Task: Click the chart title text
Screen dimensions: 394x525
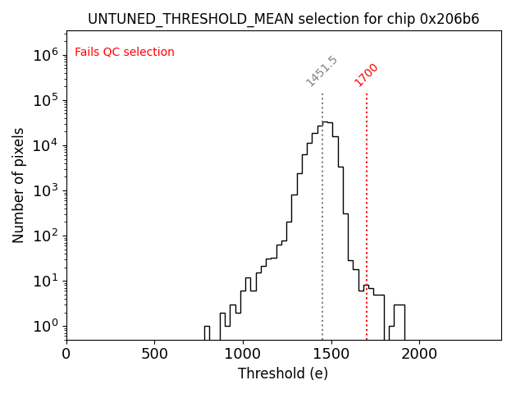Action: coord(283,19)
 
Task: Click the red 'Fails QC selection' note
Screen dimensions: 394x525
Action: coord(125,53)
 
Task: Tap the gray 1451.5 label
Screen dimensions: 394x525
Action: coord(321,72)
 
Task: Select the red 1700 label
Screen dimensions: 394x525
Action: coord(366,75)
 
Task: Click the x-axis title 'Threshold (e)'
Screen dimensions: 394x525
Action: coord(283,373)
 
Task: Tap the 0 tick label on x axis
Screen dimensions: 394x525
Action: coord(66,353)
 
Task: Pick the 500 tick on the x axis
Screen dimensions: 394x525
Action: coord(154,353)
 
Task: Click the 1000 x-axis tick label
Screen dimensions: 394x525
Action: coord(243,353)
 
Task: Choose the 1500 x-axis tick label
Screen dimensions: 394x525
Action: coord(331,353)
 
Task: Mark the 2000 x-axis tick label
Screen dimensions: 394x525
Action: coord(419,353)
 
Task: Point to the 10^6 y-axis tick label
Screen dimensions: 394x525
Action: coord(45,55)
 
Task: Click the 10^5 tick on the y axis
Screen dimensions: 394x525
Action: coord(45,100)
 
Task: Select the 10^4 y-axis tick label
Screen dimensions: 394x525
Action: coord(45,145)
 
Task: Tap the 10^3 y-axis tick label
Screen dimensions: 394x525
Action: coord(45,190)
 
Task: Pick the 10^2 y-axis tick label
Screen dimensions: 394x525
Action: coord(45,236)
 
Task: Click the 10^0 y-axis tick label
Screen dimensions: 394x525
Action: coord(45,326)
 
